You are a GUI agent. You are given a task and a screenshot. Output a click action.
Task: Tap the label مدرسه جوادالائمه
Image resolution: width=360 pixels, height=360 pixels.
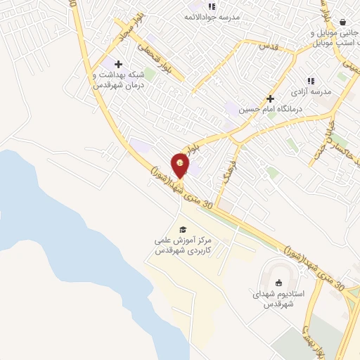pos(212,16)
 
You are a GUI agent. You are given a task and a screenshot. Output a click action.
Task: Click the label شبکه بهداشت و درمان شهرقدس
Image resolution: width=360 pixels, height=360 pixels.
pos(117,79)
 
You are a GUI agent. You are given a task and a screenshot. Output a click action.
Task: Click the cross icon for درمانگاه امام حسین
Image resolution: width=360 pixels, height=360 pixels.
pos(270,99)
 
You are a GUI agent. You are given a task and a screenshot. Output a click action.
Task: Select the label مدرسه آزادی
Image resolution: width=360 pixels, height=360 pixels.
pos(311,92)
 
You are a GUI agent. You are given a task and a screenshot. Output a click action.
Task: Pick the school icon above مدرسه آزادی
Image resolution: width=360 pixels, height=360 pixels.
pos(311,81)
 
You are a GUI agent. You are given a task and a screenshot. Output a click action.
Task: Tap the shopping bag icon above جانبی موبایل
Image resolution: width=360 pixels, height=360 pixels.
pos(342,22)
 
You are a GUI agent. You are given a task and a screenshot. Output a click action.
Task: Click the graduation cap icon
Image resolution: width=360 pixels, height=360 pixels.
pos(183,230)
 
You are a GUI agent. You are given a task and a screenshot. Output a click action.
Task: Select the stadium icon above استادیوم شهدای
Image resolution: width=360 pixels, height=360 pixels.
pos(278,283)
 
